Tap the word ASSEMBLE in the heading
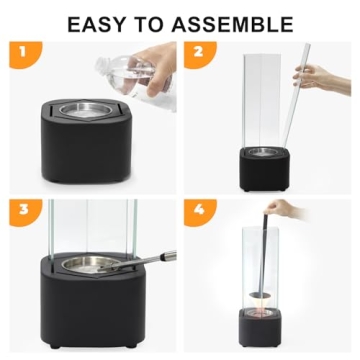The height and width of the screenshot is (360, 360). [233, 24]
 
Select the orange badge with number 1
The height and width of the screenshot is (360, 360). [24, 54]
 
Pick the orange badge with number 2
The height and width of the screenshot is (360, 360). [199, 54]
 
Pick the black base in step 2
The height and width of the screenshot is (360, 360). [264, 169]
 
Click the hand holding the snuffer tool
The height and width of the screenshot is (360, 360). [283, 209]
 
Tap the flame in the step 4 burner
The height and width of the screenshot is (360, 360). [260, 308]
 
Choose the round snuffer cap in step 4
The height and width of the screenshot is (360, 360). [260, 295]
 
